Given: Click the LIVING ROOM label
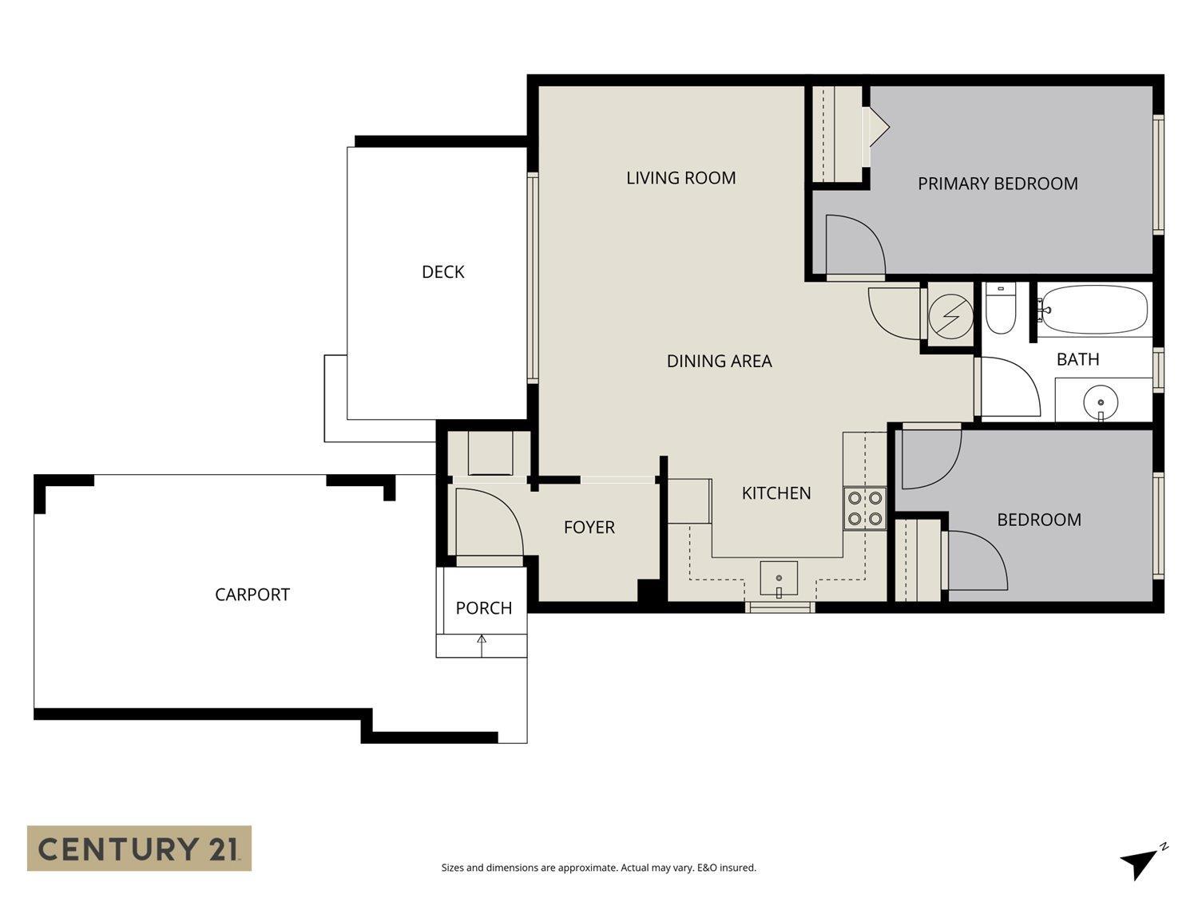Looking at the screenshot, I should (680, 178).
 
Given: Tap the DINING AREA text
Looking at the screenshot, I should (719, 362).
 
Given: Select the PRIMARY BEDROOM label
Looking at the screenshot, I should (998, 184).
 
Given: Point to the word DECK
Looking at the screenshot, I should (442, 272).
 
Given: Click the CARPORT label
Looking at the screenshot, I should (252, 595).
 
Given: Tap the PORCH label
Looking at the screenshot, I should (483, 608).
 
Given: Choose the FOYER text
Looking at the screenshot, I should (589, 528).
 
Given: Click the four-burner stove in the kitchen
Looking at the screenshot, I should (865, 508).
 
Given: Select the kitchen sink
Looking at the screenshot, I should (778, 579).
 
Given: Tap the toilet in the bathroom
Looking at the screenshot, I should (999, 309).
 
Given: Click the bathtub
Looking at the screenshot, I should (1094, 309).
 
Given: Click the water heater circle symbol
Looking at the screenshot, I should (950, 315).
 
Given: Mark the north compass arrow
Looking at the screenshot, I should (1140, 862).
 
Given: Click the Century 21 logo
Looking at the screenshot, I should (139, 848).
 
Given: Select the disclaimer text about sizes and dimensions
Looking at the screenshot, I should (598, 868).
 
